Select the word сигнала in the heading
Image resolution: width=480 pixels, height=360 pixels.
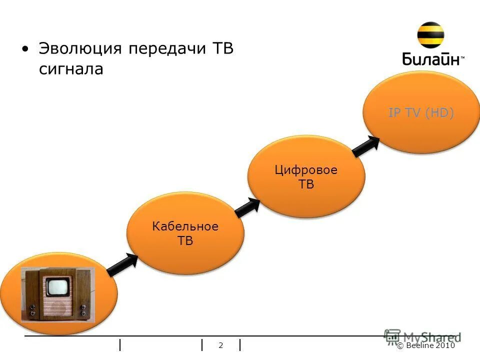click(x=70, y=69)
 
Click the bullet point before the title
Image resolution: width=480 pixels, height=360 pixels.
click(x=25, y=49)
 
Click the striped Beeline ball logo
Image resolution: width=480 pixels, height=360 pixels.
click(x=430, y=35)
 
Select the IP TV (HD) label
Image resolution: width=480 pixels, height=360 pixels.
click(x=421, y=113)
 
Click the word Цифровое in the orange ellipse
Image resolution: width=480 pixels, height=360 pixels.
click(x=306, y=170)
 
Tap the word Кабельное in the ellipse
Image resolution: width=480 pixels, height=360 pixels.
click(x=185, y=226)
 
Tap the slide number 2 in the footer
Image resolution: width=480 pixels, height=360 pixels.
click(x=221, y=345)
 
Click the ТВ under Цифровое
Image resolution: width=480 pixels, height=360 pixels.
click(x=306, y=184)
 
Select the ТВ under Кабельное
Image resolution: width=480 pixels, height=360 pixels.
click(x=185, y=241)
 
